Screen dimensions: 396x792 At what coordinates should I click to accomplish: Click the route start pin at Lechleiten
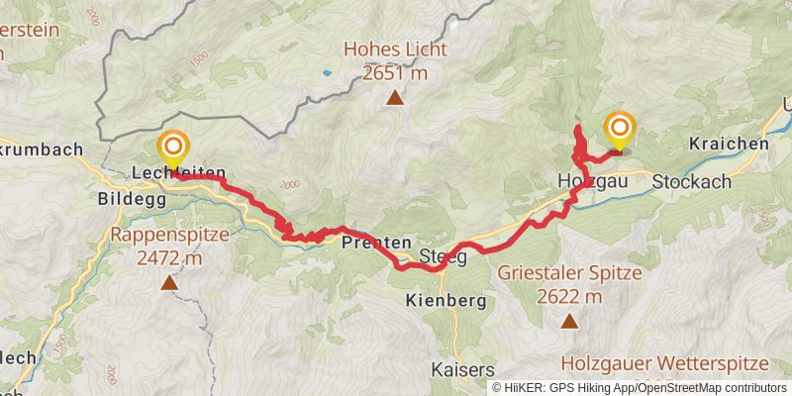click(x=173, y=149)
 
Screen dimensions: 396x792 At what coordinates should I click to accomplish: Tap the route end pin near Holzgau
click(x=621, y=130)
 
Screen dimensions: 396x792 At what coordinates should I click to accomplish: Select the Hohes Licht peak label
click(x=395, y=60)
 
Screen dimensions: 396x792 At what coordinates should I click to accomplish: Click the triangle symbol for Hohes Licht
click(x=395, y=97)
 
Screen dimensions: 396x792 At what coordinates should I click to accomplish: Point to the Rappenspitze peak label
click(x=169, y=247)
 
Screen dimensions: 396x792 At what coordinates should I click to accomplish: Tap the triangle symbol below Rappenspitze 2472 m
click(x=169, y=284)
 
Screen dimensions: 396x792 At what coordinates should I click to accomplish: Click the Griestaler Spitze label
click(x=569, y=283)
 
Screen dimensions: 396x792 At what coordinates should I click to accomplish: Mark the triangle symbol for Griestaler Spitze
click(x=569, y=320)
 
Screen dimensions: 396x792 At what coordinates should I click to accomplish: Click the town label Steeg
click(x=443, y=257)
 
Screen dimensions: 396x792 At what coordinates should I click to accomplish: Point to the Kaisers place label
click(x=462, y=369)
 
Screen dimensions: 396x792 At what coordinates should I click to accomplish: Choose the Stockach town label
click(x=692, y=181)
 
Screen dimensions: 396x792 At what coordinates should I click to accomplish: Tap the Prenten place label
click(x=376, y=242)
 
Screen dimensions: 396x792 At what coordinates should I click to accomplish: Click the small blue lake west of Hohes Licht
click(x=326, y=72)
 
